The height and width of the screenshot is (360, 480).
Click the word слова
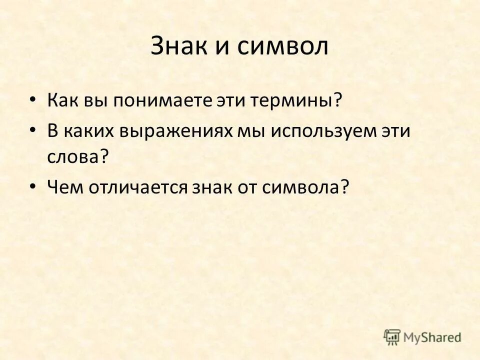[x=74, y=157]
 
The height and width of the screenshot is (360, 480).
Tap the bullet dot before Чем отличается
[x=33, y=185]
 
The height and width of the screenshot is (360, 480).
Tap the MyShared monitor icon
[x=392, y=337]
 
